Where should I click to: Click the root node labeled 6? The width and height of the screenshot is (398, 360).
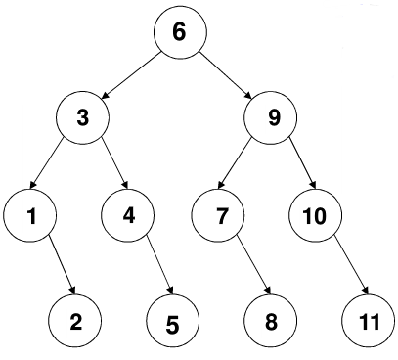point(180,32)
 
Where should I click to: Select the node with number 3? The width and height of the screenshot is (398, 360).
point(82,117)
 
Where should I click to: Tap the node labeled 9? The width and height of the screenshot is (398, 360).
point(271,117)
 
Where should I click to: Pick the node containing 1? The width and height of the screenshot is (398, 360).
point(30,215)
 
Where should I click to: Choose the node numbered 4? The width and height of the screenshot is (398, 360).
point(127,215)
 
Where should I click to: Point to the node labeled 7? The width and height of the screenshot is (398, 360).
point(218,215)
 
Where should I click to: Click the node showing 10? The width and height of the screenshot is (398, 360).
point(316,215)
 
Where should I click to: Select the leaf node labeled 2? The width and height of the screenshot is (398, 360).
point(74,321)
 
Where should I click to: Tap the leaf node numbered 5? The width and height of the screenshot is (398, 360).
point(172,321)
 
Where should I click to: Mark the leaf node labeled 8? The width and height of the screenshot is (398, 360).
point(271,321)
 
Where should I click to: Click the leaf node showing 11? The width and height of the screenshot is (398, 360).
point(369,321)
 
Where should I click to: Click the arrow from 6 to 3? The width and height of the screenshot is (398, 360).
point(131,75)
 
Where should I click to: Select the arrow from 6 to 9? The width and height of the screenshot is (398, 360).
point(225,75)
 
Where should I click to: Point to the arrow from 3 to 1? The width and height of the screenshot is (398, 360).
point(47,163)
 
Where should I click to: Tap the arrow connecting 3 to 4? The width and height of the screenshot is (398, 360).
point(114,163)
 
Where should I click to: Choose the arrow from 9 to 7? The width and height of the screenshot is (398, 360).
point(235,163)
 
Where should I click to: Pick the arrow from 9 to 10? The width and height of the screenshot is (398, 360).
point(303,163)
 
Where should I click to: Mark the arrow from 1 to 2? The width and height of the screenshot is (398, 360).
point(62,264)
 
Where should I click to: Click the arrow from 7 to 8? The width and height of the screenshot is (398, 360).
point(254,264)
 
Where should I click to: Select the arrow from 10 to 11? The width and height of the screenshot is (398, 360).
point(352,264)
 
